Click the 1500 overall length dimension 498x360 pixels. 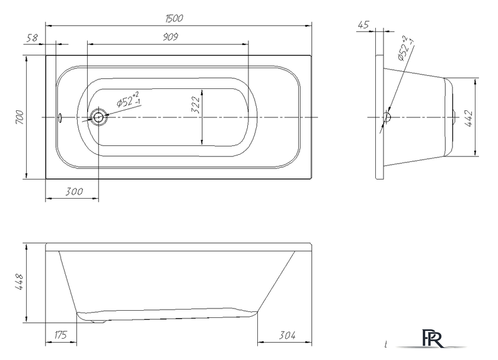click(x=174, y=18)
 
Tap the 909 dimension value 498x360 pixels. click(x=171, y=37)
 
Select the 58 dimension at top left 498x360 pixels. click(x=32, y=38)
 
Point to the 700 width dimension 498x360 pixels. click(x=20, y=117)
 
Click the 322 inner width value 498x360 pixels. click(x=196, y=105)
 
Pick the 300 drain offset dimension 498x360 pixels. click(x=74, y=192)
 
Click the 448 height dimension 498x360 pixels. click(x=19, y=282)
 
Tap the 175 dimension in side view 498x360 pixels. click(x=60, y=335)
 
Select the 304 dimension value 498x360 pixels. click(x=287, y=335)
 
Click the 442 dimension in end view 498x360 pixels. click(x=469, y=118)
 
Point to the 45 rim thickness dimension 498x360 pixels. click(x=363, y=24)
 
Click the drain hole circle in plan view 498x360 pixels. click(x=98, y=117)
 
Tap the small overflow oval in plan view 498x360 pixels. click(x=59, y=117)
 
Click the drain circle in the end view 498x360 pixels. click(x=387, y=117)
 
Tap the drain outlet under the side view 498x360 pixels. click(x=98, y=321)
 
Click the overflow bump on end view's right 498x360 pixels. click(x=455, y=117)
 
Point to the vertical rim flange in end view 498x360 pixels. click(x=379, y=117)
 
